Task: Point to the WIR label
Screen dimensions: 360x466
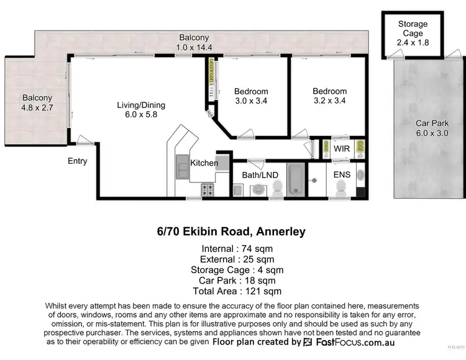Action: (x=342, y=150)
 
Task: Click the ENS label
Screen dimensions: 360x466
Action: (x=342, y=174)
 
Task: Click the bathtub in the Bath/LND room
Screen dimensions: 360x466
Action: (x=296, y=179)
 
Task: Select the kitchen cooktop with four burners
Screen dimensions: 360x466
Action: (x=207, y=189)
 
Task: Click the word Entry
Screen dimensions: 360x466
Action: (x=77, y=161)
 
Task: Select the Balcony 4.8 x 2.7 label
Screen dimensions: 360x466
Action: (x=37, y=102)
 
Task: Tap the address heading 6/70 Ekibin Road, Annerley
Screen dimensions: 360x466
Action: (x=231, y=232)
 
